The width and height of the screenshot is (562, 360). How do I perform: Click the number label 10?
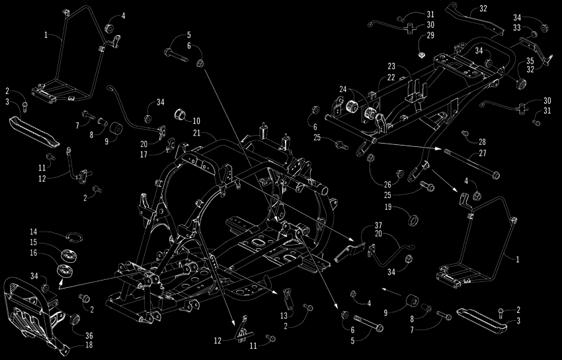[x=196, y=120]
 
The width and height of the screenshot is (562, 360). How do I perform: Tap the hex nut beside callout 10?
[x=179, y=115]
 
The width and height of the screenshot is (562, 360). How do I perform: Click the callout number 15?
[x=33, y=242]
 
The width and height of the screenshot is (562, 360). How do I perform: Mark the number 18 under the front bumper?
[x=89, y=345]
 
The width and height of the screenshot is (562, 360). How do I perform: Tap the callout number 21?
[x=196, y=134]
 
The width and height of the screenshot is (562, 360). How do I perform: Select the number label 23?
[x=391, y=66]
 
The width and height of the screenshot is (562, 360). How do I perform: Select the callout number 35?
[x=530, y=60]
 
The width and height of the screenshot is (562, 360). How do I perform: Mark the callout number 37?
[x=378, y=226]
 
